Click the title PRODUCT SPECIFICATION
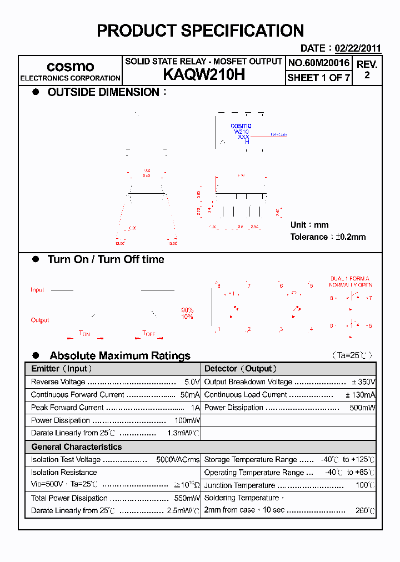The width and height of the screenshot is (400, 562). click(x=200, y=31)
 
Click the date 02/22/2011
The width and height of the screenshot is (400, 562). click(x=357, y=48)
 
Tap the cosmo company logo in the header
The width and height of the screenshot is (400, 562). click(x=70, y=67)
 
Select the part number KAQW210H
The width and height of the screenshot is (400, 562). click(x=203, y=76)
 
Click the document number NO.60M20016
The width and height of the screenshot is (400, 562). click(x=318, y=63)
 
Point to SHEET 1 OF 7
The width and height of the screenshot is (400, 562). click(x=318, y=78)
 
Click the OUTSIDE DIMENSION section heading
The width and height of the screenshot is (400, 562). click(x=103, y=92)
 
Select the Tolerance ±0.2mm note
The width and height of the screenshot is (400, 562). click(x=328, y=237)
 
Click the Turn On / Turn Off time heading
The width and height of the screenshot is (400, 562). click(x=106, y=259)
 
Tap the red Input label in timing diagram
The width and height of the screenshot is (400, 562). click(x=37, y=290)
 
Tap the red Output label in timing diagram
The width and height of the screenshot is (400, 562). click(x=39, y=320)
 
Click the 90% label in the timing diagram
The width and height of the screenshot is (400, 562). click(x=187, y=310)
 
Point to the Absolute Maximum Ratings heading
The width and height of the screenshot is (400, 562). click(x=119, y=355)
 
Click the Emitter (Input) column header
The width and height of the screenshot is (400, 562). click(x=62, y=369)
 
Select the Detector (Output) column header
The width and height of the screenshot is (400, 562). click(x=241, y=369)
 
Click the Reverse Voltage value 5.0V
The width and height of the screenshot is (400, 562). click(x=192, y=382)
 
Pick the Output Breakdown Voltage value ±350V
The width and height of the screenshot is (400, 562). click(x=364, y=382)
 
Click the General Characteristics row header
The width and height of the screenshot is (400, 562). click(x=76, y=447)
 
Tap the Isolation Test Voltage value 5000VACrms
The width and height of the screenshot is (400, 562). click(x=178, y=460)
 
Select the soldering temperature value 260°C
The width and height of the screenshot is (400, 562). click(x=365, y=510)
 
